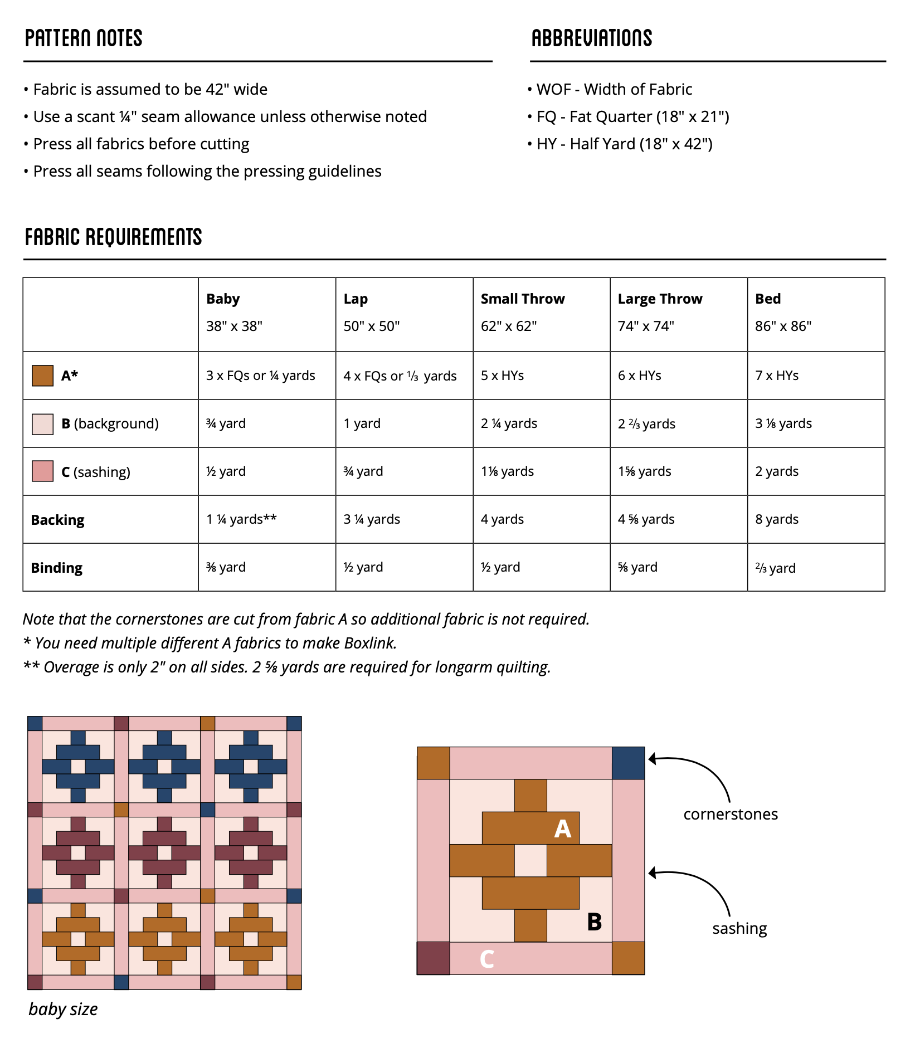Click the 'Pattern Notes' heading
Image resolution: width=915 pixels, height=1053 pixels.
[84, 38]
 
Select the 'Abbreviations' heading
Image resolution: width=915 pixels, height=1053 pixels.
[591, 38]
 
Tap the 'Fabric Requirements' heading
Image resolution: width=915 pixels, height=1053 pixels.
[113, 237]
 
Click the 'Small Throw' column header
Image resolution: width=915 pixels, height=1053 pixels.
[522, 299]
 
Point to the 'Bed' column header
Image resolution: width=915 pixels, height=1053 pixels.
[767, 299]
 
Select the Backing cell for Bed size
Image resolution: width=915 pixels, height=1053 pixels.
[776, 519]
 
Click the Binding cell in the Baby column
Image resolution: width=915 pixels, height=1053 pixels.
[226, 567]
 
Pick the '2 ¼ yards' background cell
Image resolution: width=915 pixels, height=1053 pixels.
[509, 423]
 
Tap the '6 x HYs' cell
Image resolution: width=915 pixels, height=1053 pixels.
[639, 376]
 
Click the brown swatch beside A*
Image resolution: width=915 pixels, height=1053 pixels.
[42, 376]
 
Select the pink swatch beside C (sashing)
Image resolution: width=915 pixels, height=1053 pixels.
[42, 471]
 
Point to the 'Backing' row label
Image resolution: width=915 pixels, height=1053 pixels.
[57, 520]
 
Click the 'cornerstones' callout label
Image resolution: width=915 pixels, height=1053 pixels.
[730, 815]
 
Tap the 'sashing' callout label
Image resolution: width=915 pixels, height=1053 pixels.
[739, 929]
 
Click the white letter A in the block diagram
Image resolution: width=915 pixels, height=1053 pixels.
[562, 830]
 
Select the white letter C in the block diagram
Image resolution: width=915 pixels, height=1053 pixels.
[486, 959]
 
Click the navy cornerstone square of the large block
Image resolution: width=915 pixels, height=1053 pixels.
[628, 763]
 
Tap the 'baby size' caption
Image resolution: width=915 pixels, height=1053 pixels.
[63, 1010]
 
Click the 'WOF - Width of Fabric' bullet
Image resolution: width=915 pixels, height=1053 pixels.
[614, 89]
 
